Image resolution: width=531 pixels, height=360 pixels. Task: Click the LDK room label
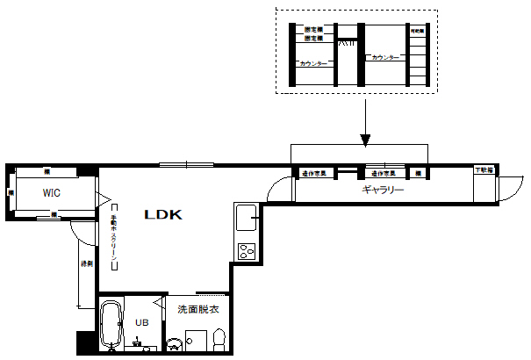[162, 214]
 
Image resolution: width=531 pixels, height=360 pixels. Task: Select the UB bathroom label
[141, 322]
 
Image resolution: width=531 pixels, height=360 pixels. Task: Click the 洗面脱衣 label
[197, 309]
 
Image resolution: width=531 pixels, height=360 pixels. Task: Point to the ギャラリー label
[383, 189]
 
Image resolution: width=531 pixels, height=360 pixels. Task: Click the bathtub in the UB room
[111, 324]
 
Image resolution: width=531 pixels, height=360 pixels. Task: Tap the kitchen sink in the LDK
[245, 215]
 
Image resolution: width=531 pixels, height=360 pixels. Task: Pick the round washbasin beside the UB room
[174, 344]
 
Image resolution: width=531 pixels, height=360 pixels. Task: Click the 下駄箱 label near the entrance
[484, 169]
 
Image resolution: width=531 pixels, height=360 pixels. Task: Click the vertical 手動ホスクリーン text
[113, 236]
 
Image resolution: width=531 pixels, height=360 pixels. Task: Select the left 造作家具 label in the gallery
[314, 173]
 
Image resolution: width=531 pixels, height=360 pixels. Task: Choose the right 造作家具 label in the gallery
[383, 173]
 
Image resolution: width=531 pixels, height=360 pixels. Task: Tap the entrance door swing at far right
[506, 187]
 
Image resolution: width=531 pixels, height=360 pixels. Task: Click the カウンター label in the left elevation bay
[313, 64]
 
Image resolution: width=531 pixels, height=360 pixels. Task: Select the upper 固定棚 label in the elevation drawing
[313, 30]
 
